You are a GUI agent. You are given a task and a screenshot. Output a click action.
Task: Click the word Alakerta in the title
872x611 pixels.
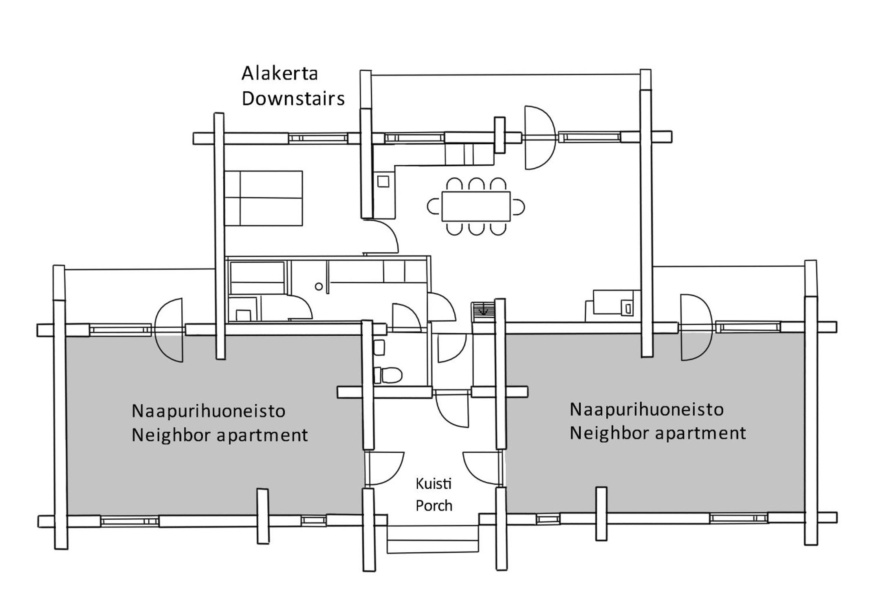pos(280,73)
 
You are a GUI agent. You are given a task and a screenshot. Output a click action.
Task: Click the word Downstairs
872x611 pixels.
pos(293,99)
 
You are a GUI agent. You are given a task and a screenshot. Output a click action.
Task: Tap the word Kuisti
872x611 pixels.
pos(434,484)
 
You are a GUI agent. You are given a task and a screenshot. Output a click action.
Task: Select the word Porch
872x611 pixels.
pos(434,506)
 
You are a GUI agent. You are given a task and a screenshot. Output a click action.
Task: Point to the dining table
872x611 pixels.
pos(476,206)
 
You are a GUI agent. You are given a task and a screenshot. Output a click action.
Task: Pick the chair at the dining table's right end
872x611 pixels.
pos(517,207)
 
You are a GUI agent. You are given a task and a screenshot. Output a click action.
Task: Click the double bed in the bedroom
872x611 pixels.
pos(263,198)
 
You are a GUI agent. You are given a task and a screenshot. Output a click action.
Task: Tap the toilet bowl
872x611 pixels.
pos(388,375)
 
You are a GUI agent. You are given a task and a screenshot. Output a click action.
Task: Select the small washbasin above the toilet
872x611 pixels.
pos(379,347)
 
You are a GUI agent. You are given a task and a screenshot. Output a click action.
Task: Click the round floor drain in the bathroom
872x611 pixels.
pos(319,287)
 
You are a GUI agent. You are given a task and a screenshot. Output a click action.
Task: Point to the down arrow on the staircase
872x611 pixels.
pos(483,310)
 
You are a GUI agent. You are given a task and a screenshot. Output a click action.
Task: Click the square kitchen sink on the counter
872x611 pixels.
pos(383,181)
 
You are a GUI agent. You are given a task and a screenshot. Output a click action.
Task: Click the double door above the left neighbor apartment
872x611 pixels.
pos(169,330)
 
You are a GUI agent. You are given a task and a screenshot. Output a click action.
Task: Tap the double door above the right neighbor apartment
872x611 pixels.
pos(696,327)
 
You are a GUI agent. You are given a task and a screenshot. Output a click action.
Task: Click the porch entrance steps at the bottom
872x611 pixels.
pos(432,539)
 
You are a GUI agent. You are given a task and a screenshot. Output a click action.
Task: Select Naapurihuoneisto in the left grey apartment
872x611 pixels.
pos(208,411)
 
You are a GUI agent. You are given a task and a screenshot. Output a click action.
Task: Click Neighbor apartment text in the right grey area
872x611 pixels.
pos(658,433)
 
